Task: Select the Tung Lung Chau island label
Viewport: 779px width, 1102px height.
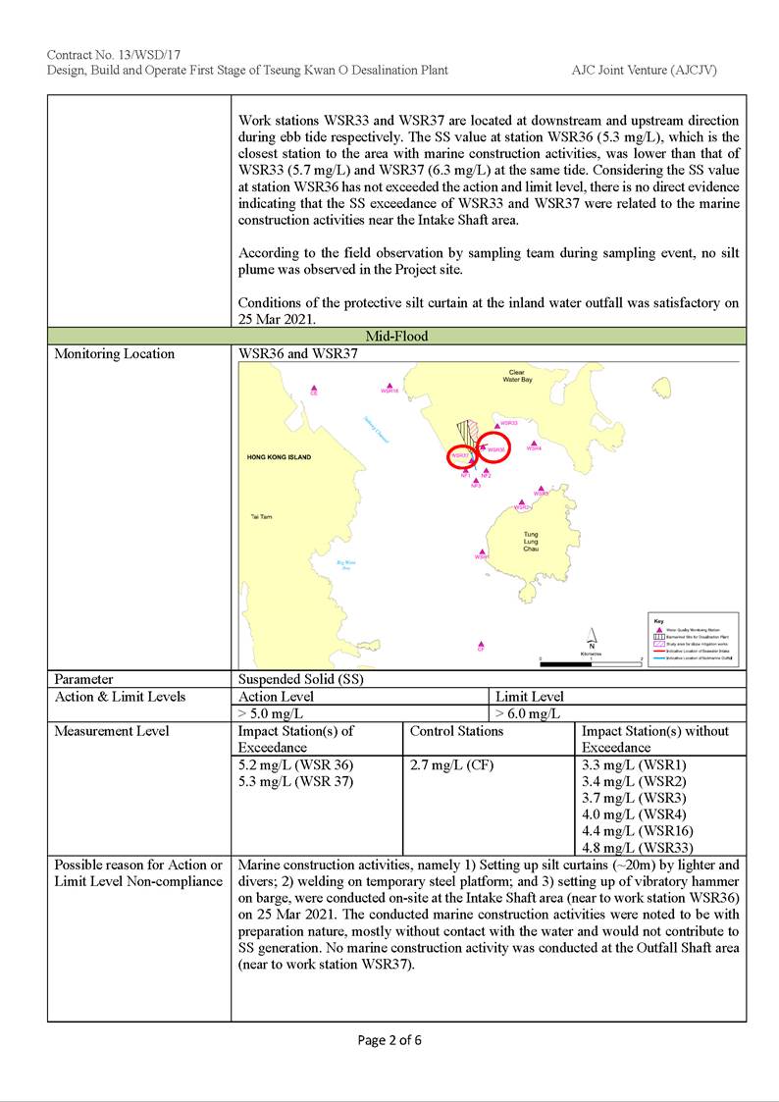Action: click(x=531, y=542)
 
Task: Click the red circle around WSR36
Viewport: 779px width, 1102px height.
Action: click(x=493, y=447)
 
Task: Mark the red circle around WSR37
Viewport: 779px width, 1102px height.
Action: click(x=464, y=456)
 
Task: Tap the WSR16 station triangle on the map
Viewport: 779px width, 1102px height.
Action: click(x=390, y=386)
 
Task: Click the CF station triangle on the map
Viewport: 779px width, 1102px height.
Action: click(x=481, y=644)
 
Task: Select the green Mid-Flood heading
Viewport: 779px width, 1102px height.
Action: click(x=396, y=336)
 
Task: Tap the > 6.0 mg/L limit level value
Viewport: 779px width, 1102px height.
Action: click(x=529, y=713)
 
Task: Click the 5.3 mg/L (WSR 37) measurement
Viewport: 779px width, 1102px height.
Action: click(x=295, y=781)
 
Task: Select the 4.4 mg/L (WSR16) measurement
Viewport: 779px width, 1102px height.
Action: click(x=638, y=831)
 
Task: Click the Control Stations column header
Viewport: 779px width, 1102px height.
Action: click(x=456, y=731)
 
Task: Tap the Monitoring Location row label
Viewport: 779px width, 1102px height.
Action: click(x=115, y=353)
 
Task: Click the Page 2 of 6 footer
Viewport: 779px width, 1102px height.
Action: click(x=389, y=1040)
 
